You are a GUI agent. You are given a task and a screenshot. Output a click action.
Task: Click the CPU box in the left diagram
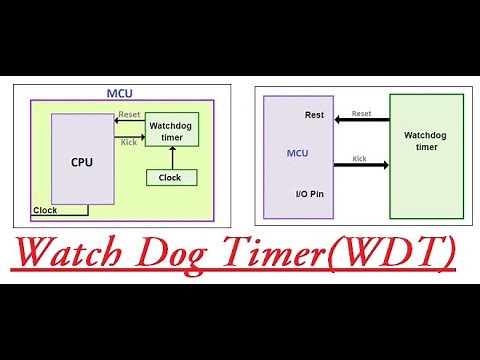[x=83, y=160]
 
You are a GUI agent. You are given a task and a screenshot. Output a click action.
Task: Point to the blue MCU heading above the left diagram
[x=120, y=93]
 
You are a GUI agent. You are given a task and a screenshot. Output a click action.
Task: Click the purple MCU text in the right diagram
[x=298, y=153]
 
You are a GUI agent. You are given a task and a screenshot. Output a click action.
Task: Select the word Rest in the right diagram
[x=314, y=115]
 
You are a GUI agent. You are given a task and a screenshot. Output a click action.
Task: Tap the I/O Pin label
[x=309, y=193]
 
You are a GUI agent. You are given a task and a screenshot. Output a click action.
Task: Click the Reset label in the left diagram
[x=129, y=115]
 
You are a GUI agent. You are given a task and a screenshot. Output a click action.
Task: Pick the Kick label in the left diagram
[x=129, y=141]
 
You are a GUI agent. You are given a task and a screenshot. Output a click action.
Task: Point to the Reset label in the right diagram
[x=361, y=114]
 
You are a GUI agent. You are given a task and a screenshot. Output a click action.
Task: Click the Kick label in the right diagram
[x=360, y=158]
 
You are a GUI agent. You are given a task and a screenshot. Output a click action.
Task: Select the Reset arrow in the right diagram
[x=361, y=121]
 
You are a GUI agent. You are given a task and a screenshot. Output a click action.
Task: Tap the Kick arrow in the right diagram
[x=361, y=164]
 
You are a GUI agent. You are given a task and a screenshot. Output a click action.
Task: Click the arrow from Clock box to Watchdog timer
[x=172, y=158]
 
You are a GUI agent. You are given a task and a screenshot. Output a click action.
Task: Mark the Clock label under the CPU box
[x=45, y=210]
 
